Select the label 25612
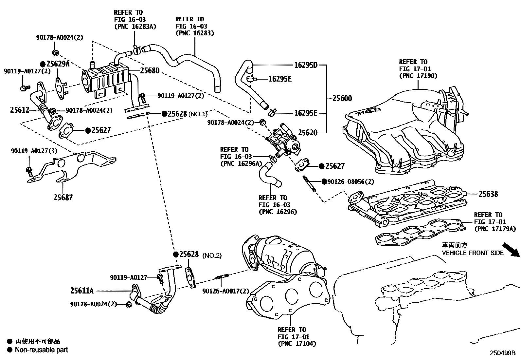pyautogui.click(x=20, y=110)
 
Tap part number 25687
pyautogui.click(x=63, y=197)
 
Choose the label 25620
pyautogui.click(x=307, y=133)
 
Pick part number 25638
pyautogui.click(x=488, y=194)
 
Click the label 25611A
pyautogui.click(x=82, y=291)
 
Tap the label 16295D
pyautogui.click(x=306, y=65)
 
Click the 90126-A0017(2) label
pyautogui.click(x=225, y=291)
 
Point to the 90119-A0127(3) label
pyautogui.click(x=34, y=151)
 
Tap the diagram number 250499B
pyautogui.click(x=502, y=353)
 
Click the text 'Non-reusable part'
pyautogui.click(x=41, y=350)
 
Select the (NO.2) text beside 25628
pyautogui.click(x=212, y=256)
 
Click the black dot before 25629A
pyautogui.click(x=43, y=64)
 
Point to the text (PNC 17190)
pyautogui.click(x=418, y=76)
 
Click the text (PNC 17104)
pyautogui.click(x=297, y=344)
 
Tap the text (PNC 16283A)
pyautogui.click(x=135, y=27)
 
